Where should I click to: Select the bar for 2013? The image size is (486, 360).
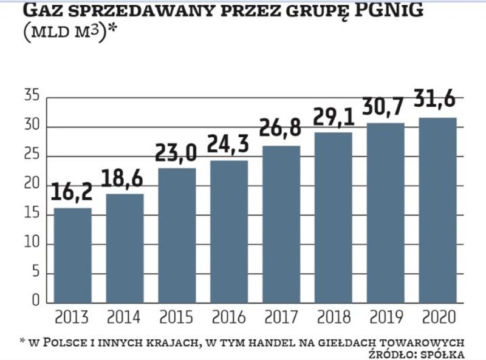click(73, 255)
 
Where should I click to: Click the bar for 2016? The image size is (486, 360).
click(230, 231)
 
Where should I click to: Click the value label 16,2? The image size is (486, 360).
click(72, 192)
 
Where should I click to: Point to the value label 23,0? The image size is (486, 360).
click(177, 152)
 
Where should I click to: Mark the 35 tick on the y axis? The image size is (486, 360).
click(32, 97)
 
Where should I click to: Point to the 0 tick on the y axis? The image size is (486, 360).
click(36, 302)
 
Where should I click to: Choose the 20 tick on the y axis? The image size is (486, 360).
click(32, 185)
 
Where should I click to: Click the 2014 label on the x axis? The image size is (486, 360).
click(125, 318)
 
